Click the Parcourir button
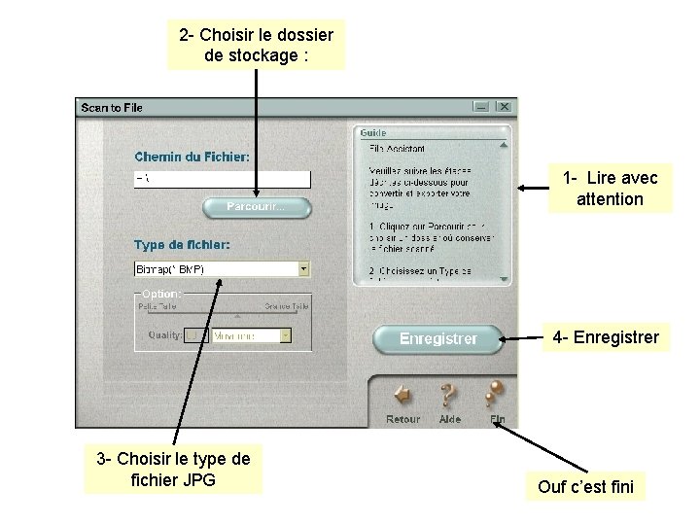257,207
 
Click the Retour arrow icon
402,396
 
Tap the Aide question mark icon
449,395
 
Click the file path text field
222,179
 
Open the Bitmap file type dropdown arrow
303,269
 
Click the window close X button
502,107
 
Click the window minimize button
481,107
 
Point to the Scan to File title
112,108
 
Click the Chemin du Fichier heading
192,156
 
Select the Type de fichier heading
182,245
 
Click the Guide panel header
373,132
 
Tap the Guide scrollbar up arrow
504,147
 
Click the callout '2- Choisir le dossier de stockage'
256,46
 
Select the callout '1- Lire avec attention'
610,189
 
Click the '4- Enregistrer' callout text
606,337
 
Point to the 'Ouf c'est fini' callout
585,486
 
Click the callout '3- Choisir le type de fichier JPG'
173,468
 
